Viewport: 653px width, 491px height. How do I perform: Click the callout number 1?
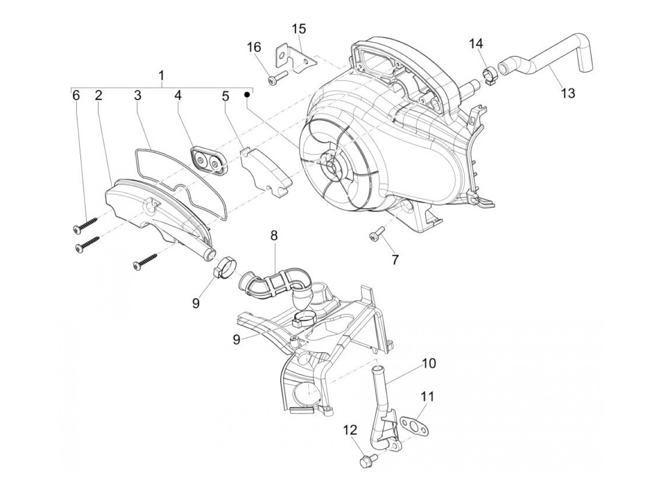click(x=161, y=76)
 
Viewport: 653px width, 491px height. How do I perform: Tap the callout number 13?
click(x=568, y=92)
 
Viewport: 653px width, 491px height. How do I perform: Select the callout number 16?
click(x=254, y=47)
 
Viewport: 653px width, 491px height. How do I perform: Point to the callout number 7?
click(x=395, y=260)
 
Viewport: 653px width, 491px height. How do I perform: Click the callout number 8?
click(x=274, y=236)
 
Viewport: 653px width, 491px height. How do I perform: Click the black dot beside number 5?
click(x=248, y=94)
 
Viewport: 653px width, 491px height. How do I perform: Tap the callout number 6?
click(x=76, y=96)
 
